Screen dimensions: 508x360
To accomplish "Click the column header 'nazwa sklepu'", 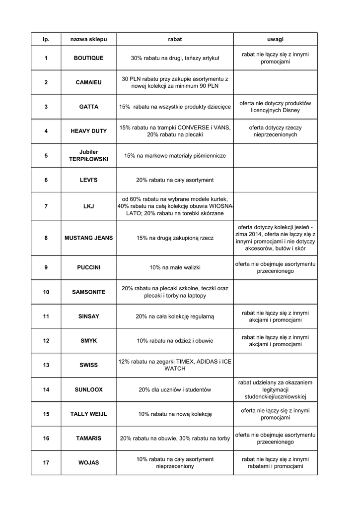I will tap(88, 39).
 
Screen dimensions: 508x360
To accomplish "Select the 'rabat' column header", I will tap(175, 39).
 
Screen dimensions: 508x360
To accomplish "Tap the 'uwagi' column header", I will tap(275, 39).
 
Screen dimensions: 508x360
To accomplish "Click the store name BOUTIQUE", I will tap(88, 58).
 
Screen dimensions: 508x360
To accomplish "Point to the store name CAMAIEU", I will tap(88, 82).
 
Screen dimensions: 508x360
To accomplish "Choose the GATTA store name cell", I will tap(88, 107).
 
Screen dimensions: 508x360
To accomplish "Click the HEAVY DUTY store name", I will tap(88, 131).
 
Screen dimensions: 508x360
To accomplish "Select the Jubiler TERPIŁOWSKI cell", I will tap(88, 155).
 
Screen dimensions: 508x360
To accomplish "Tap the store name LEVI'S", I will tap(88, 180).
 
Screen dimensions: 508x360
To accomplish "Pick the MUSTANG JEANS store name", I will tap(88, 238).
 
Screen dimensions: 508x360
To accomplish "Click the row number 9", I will tap(46, 267).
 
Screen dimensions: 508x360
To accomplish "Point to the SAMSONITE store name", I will tap(88, 292).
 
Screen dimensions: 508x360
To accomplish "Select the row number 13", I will tap(46, 365).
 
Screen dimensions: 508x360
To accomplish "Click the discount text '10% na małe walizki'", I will tap(175, 267).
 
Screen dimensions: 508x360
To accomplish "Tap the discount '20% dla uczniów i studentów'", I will tap(175, 389).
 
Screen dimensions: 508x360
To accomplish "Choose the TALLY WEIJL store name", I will tap(88, 414).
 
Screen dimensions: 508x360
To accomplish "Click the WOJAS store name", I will tap(88, 463).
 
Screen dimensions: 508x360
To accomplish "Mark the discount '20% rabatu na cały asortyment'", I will tap(175, 180).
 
